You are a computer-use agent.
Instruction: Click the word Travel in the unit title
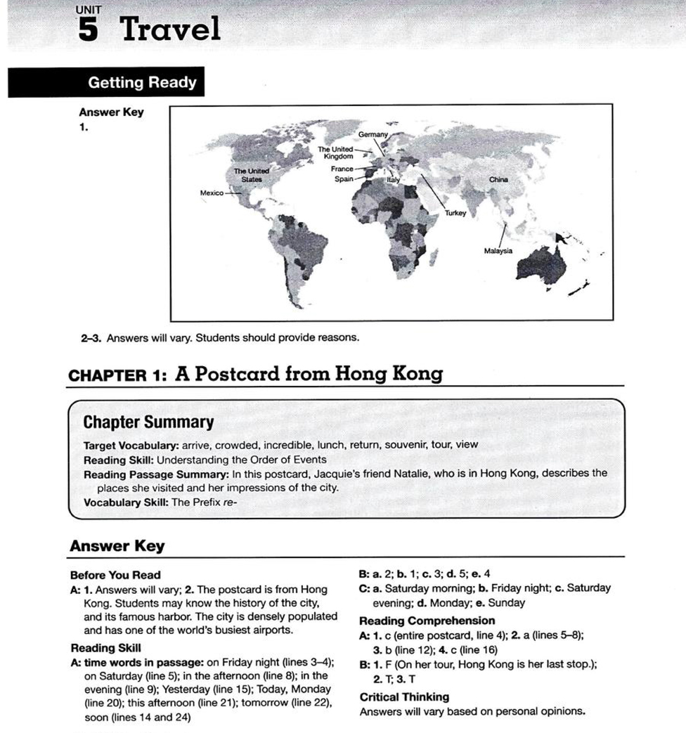point(171,30)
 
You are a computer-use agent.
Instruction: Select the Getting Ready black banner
point(106,83)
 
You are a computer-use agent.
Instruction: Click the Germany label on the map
point(373,134)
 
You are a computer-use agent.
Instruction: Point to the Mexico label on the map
point(212,193)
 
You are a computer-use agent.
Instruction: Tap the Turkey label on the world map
point(455,212)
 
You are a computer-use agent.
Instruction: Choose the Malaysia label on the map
point(498,251)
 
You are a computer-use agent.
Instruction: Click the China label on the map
point(498,179)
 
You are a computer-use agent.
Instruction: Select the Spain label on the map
point(344,179)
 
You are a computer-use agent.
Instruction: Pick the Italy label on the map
point(392,181)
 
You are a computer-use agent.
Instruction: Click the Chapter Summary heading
point(148,422)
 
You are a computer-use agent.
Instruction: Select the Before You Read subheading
point(115,575)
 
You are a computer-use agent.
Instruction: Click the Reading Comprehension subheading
point(427,621)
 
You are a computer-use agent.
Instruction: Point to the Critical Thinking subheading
point(404,696)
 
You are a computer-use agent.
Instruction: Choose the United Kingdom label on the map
point(335,153)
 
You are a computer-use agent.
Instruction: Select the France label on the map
point(342,169)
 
